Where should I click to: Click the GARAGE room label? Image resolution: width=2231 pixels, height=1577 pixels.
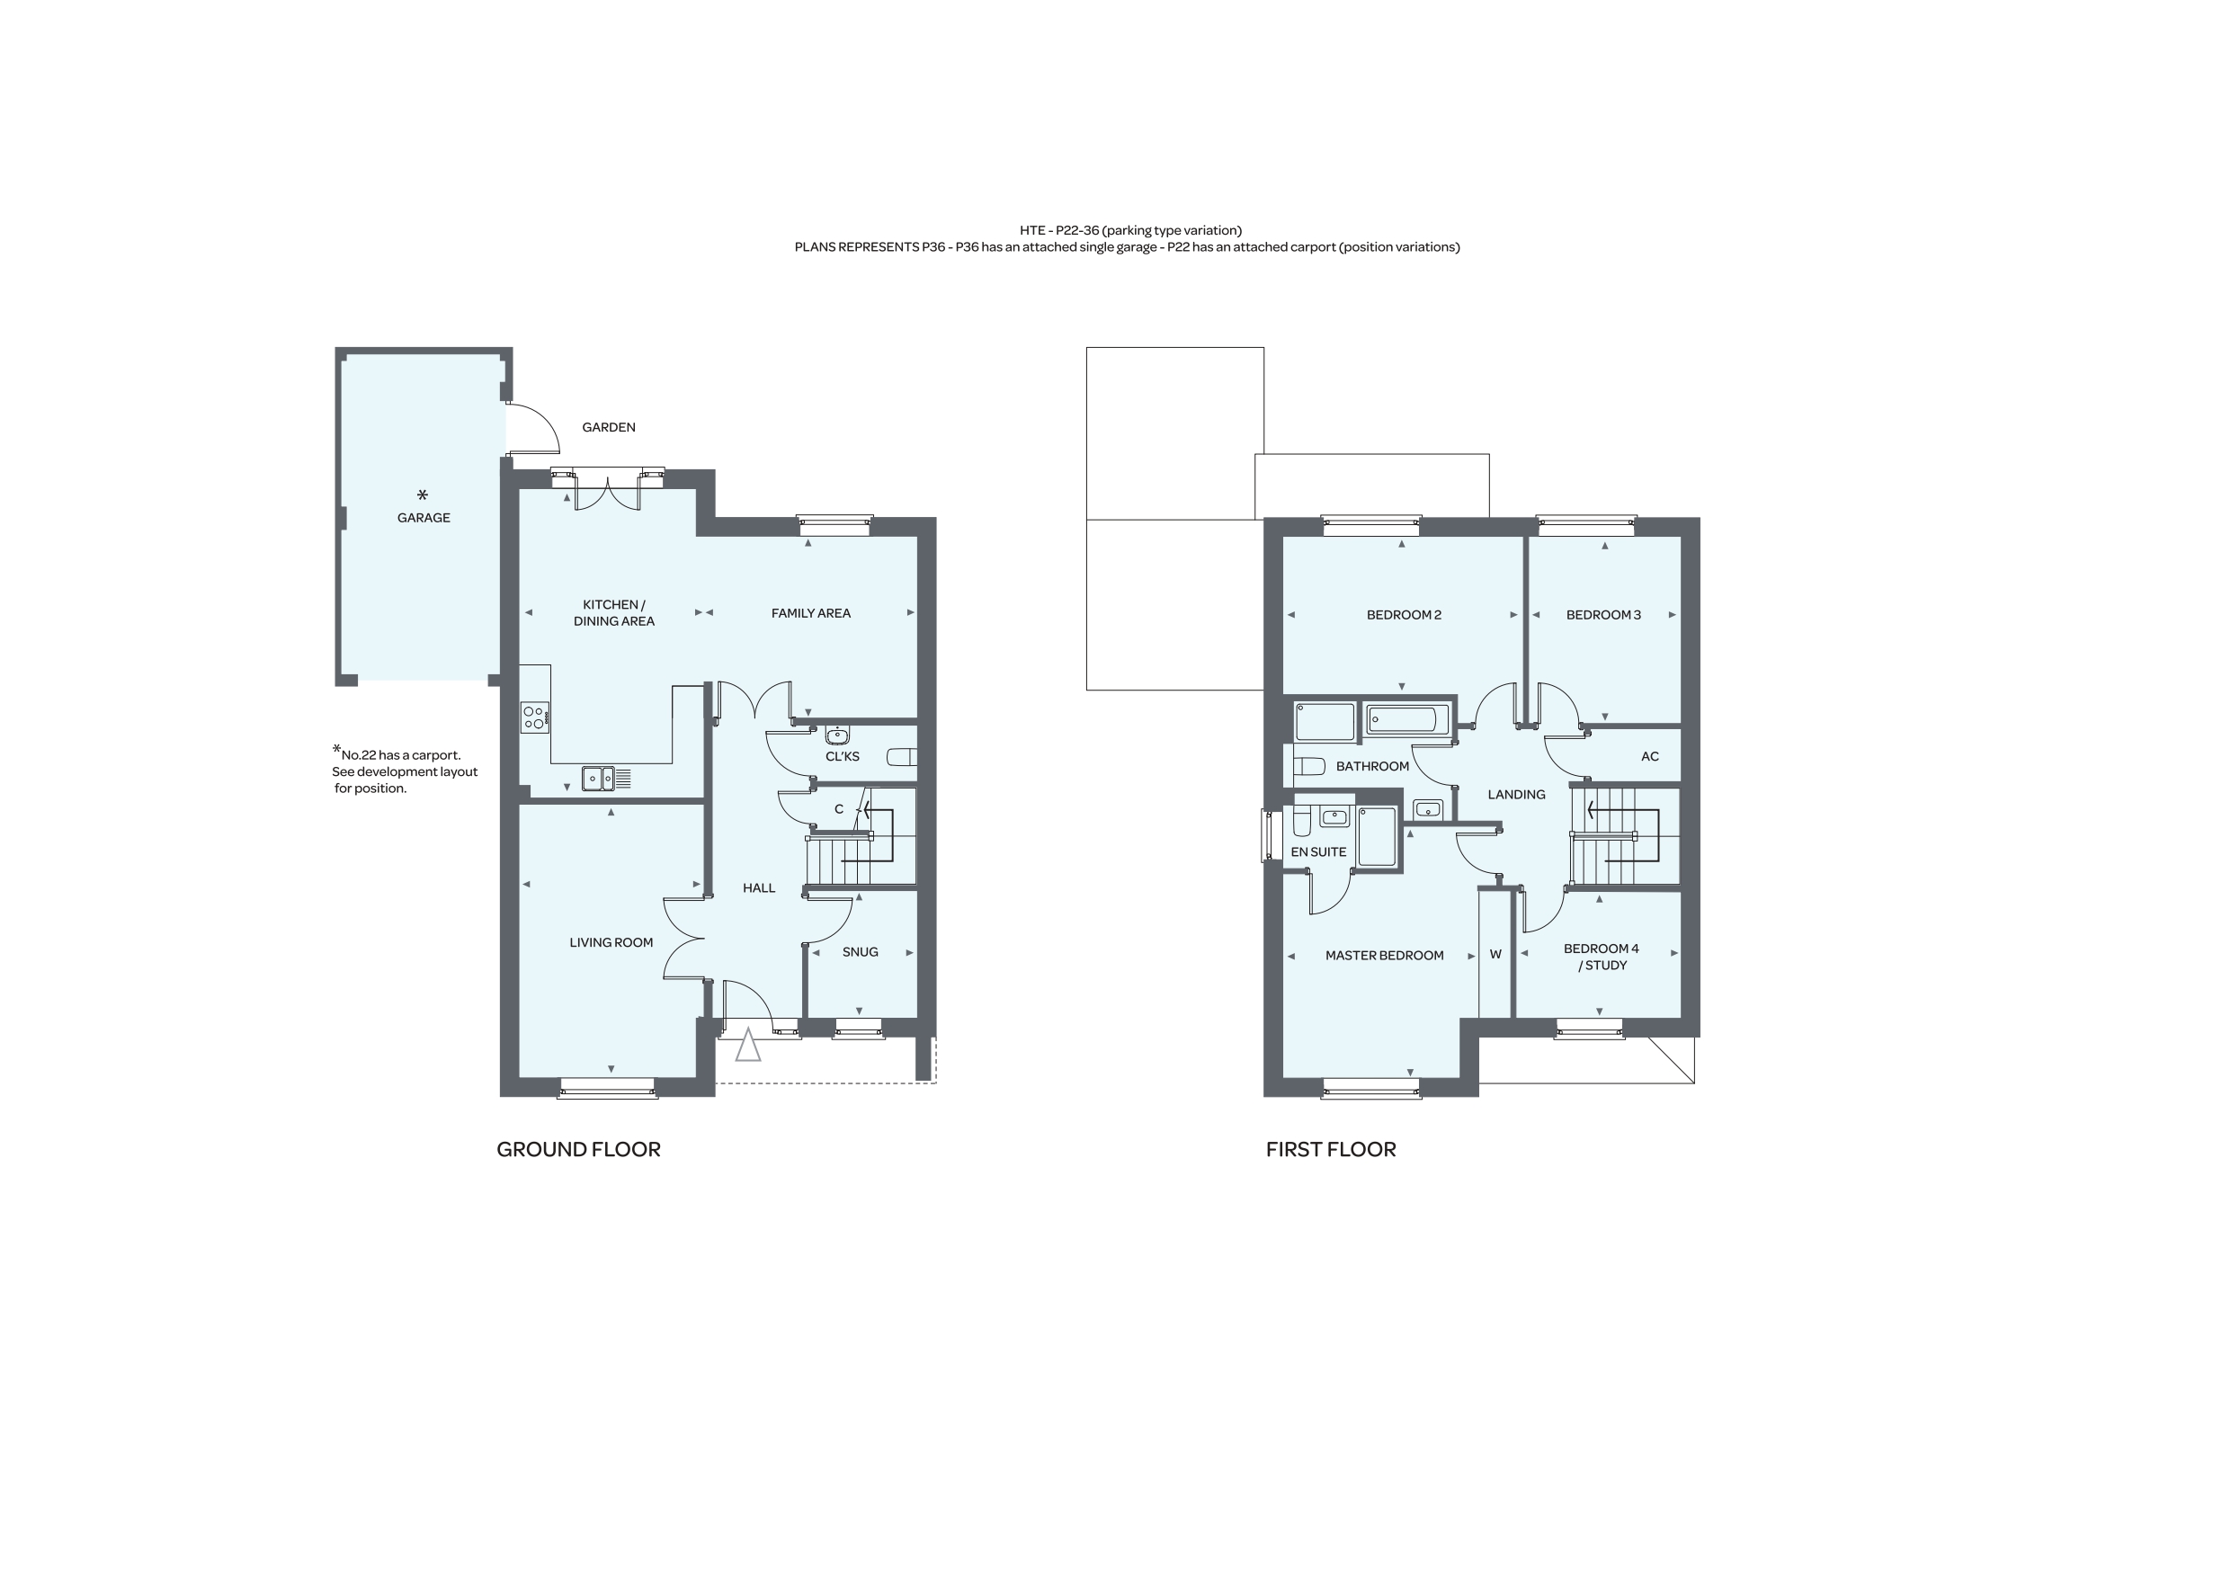pyautogui.click(x=424, y=518)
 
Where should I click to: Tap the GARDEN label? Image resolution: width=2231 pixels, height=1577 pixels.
pyautogui.click(x=608, y=428)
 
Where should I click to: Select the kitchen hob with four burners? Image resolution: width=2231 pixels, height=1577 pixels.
pyautogui.click(x=534, y=718)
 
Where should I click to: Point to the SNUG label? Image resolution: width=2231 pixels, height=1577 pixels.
pyautogui.click(x=860, y=952)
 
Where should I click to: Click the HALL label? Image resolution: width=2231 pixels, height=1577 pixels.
pyautogui.click(x=759, y=888)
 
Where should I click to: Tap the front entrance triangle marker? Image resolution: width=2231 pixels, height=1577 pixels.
pyautogui.click(x=747, y=1046)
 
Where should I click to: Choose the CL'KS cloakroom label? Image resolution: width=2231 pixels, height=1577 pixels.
pyautogui.click(x=843, y=757)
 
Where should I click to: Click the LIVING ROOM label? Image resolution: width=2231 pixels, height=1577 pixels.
pyautogui.click(x=611, y=942)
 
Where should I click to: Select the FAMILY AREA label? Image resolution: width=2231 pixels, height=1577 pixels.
pyautogui.click(x=810, y=613)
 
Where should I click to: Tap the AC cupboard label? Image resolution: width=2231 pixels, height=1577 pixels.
pyautogui.click(x=1650, y=757)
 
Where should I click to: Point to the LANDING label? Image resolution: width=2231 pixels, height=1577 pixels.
pyautogui.click(x=1516, y=795)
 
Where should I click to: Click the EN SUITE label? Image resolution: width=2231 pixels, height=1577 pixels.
pyautogui.click(x=1318, y=852)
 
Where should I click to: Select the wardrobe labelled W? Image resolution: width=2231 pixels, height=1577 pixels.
pyautogui.click(x=1495, y=954)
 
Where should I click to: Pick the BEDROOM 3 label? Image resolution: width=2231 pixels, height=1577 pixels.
pyautogui.click(x=1603, y=615)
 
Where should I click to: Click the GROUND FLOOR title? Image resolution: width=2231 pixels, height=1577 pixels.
pyautogui.click(x=578, y=1149)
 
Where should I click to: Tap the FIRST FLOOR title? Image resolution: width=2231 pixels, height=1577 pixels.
pyautogui.click(x=1330, y=1149)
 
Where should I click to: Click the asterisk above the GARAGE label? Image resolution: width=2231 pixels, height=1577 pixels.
pyautogui.click(x=423, y=495)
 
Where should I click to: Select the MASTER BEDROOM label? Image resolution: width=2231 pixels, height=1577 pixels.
pyautogui.click(x=1385, y=956)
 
